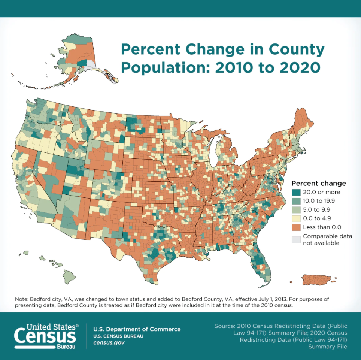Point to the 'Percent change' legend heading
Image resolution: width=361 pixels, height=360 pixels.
[319, 183]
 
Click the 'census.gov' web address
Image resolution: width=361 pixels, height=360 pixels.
[109, 342]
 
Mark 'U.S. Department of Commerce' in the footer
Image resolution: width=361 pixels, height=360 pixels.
[137, 329]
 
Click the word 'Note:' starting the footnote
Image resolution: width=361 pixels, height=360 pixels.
[22, 300]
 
